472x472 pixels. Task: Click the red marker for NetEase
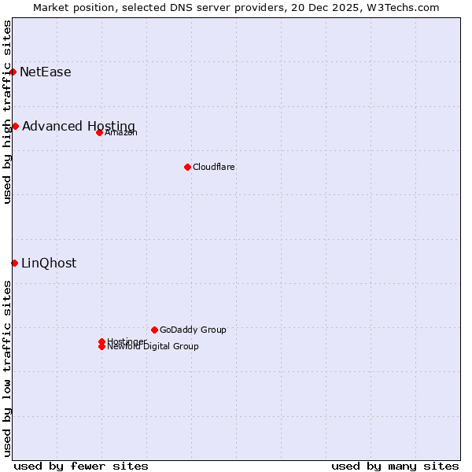click(x=13, y=72)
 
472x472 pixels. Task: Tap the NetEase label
click(x=46, y=72)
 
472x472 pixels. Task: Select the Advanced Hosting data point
click(x=15, y=126)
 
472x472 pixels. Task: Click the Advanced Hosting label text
click(x=79, y=127)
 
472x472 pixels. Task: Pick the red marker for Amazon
click(x=99, y=132)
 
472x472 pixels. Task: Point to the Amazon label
click(x=121, y=132)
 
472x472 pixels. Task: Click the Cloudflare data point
click(x=187, y=167)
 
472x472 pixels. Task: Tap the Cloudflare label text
click(x=214, y=167)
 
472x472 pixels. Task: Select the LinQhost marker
click(x=14, y=263)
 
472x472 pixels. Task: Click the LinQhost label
click(x=49, y=264)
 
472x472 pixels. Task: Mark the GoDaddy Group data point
click(x=154, y=330)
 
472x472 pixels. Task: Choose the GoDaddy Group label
click(x=193, y=330)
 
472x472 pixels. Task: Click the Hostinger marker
click(x=101, y=341)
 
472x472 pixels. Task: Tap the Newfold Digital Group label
click(x=153, y=347)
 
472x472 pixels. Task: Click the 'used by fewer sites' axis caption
click(x=81, y=466)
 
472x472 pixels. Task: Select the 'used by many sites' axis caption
click(x=395, y=466)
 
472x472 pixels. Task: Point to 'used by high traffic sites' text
click(x=7, y=112)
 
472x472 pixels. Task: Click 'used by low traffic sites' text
click(x=7, y=368)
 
